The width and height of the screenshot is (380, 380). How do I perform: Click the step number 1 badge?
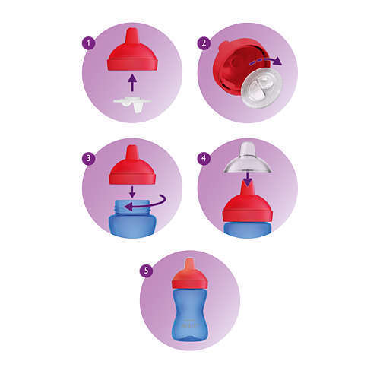(x=88, y=43)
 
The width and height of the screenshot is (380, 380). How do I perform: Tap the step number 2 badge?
(x=204, y=43)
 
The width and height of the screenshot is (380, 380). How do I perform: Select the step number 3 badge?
(x=88, y=158)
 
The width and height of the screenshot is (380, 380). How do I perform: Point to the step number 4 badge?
(x=204, y=158)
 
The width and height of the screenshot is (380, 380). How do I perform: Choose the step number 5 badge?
(x=146, y=271)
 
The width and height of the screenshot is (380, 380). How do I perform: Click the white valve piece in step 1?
(x=132, y=104)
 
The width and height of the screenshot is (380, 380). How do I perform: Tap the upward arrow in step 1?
(x=132, y=83)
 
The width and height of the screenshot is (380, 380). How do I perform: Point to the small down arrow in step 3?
(x=132, y=192)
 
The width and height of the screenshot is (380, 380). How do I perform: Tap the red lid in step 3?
(x=132, y=165)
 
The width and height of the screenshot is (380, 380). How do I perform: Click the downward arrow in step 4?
(x=247, y=178)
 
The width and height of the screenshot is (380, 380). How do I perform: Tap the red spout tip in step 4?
(x=247, y=191)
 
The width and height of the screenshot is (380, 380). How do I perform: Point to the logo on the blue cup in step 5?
(x=190, y=325)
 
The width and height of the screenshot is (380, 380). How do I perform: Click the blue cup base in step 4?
(x=247, y=229)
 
